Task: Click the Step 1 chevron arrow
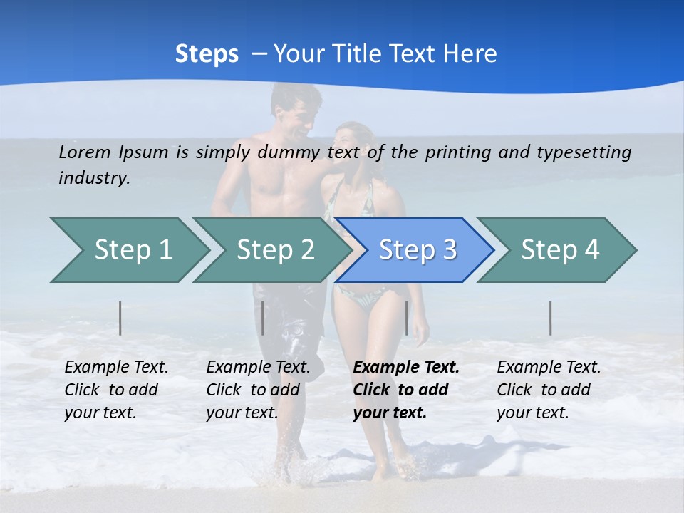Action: [x=132, y=250]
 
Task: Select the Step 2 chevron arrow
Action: [x=274, y=250]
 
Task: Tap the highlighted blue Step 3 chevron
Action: [x=417, y=250]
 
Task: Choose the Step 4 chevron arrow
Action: [x=559, y=250]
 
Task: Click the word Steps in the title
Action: [x=207, y=53]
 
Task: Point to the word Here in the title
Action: [x=470, y=53]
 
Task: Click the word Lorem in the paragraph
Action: [x=85, y=152]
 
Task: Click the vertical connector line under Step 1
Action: [x=120, y=318]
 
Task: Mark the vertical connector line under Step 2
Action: [x=263, y=318]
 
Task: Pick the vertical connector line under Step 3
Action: [x=406, y=318]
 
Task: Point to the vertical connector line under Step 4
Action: [x=551, y=318]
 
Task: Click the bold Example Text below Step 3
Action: [x=406, y=368]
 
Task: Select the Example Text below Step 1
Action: [x=116, y=368]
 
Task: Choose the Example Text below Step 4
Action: [x=549, y=368]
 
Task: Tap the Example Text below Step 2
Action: [x=258, y=368]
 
